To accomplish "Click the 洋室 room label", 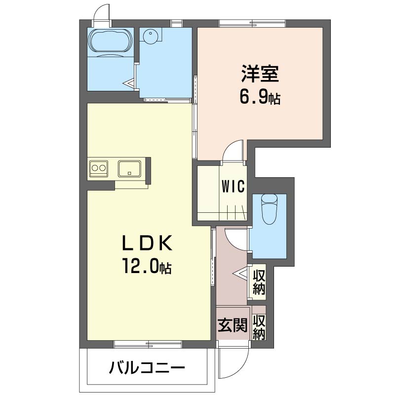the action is coord(260,73).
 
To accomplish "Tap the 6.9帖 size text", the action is coord(260,97).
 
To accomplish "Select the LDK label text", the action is coord(147,242).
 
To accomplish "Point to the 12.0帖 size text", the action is coord(147,266).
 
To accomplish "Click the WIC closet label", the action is coord(233,187).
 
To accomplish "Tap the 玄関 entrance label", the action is coord(232,325).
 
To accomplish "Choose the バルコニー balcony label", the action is coord(147,367).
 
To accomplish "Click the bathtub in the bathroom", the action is coord(110,40).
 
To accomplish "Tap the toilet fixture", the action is coord(269,209).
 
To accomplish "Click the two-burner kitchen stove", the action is coord(98,168).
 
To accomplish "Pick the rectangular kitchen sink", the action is coord(129,168).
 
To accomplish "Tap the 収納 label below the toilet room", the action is coord(259,282).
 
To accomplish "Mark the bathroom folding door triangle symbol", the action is coord(129,83).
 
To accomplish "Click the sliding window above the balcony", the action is coord(148,344).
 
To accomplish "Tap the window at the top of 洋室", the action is coord(252,23).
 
